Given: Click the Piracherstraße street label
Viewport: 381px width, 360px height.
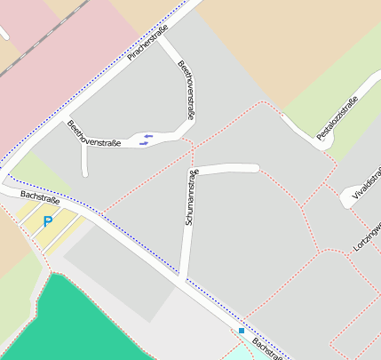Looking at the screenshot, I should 147,43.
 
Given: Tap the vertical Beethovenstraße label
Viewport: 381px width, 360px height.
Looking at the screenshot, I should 187,91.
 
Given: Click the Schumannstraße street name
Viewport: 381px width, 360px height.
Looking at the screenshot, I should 190,196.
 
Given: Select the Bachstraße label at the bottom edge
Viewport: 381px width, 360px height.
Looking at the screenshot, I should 266,349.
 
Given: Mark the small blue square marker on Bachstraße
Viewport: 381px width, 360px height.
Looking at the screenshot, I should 241,331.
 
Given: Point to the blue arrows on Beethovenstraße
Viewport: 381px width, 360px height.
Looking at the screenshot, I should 146,138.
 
